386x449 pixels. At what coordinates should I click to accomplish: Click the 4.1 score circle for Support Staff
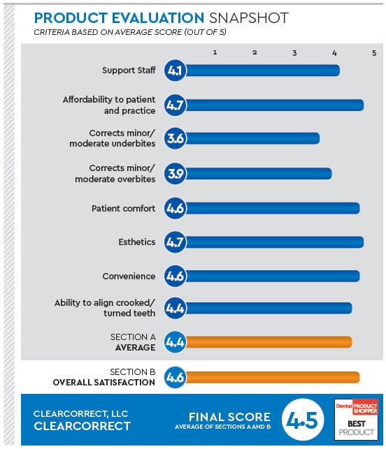click(x=175, y=71)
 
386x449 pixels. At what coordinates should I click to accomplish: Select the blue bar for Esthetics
click(x=273, y=242)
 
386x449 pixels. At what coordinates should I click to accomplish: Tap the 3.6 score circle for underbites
click(x=175, y=139)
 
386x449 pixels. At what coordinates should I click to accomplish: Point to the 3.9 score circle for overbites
click(x=175, y=173)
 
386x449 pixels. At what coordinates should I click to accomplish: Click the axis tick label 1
click(x=215, y=52)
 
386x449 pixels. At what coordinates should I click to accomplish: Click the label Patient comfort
click(x=123, y=208)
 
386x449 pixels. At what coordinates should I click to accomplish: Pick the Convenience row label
click(x=129, y=277)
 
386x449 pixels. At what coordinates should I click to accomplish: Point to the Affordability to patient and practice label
click(x=109, y=105)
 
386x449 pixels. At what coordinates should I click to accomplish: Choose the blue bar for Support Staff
click(x=262, y=71)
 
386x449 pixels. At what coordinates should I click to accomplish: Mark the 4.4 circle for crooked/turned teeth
click(x=175, y=307)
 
